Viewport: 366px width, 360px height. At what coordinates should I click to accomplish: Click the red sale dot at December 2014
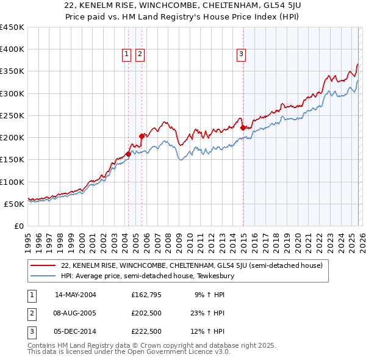coord(243,128)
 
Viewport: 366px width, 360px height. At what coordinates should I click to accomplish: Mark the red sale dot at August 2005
coord(142,136)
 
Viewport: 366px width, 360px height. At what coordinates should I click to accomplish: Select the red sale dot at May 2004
coord(128,154)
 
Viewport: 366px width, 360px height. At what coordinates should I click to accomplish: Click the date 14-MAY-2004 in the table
coord(76,295)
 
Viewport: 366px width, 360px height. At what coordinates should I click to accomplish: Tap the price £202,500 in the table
coord(146,313)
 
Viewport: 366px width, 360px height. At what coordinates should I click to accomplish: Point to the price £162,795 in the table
coord(146,295)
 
